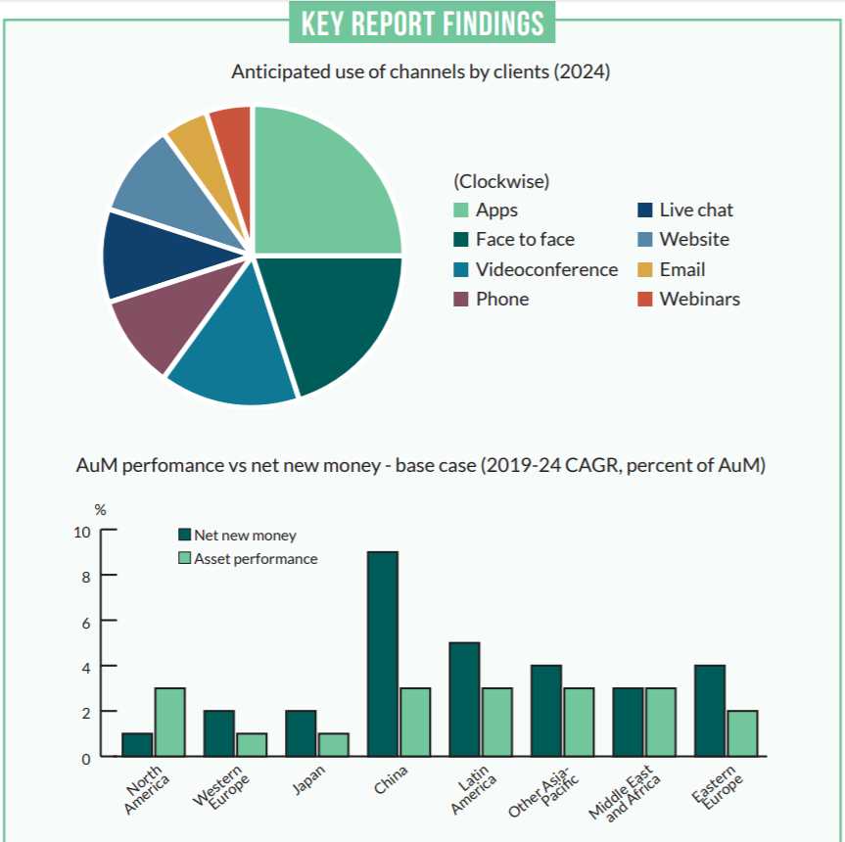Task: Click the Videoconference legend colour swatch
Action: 461,270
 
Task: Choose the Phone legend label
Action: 502,300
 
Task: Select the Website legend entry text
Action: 694,240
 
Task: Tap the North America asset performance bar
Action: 169,723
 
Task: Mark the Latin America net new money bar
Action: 463,699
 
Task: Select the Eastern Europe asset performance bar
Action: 741,733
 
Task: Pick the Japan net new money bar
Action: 301,733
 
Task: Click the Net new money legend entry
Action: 244,536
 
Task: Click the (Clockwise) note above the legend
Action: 501,181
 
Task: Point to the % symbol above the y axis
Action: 99,510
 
